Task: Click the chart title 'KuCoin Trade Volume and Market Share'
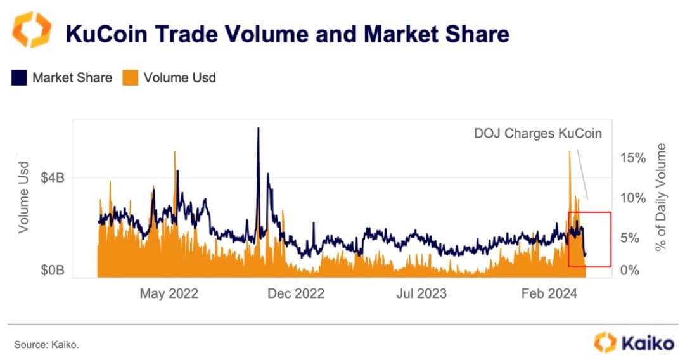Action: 288,34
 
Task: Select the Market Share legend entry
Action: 61,78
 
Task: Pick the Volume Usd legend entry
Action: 170,78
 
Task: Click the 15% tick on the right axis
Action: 632,157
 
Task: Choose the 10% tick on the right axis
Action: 632,198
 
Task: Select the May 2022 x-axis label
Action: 169,293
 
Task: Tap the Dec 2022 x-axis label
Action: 295,293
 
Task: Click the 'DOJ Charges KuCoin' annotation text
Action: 538,134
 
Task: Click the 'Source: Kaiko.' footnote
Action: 46,344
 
